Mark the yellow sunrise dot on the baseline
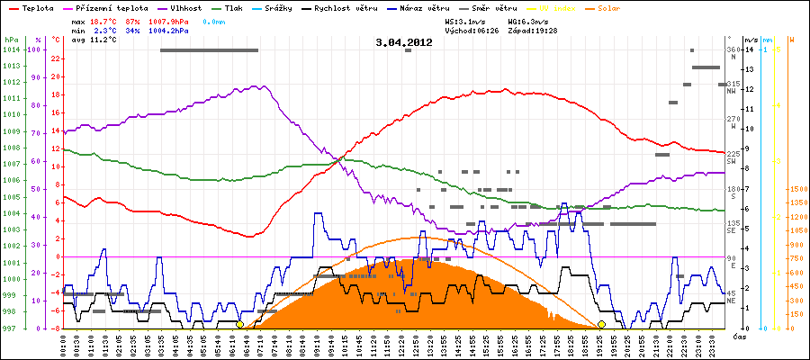(x=239, y=324)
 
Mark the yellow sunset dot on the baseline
(x=601, y=324)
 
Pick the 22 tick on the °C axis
(x=56, y=58)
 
